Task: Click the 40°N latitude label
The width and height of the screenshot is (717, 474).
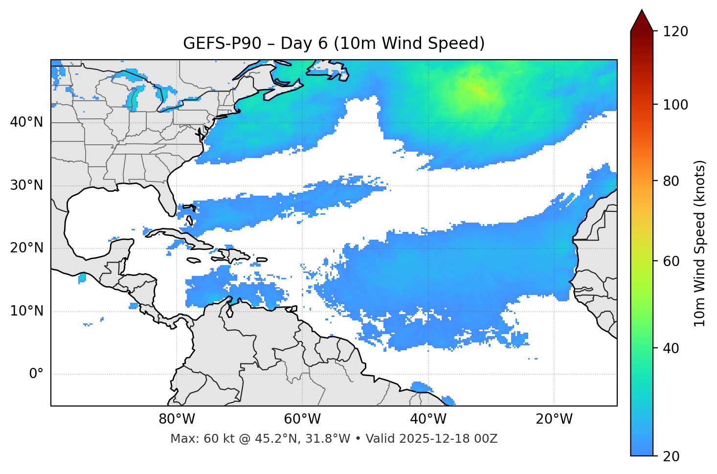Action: coord(26,122)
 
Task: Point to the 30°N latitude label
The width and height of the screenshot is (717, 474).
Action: coord(26,185)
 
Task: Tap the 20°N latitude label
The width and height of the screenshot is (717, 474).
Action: coord(26,248)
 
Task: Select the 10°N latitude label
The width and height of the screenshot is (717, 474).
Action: coord(26,311)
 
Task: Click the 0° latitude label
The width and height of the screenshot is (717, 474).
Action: coord(36,374)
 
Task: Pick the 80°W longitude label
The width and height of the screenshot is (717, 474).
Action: coord(177,419)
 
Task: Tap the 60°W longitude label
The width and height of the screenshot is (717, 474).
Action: coord(302,419)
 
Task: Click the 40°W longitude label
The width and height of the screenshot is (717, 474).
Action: coord(428,419)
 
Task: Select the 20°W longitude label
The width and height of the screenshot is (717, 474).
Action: coord(554,419)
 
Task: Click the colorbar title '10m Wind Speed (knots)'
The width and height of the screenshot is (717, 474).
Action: coord(700,243)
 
